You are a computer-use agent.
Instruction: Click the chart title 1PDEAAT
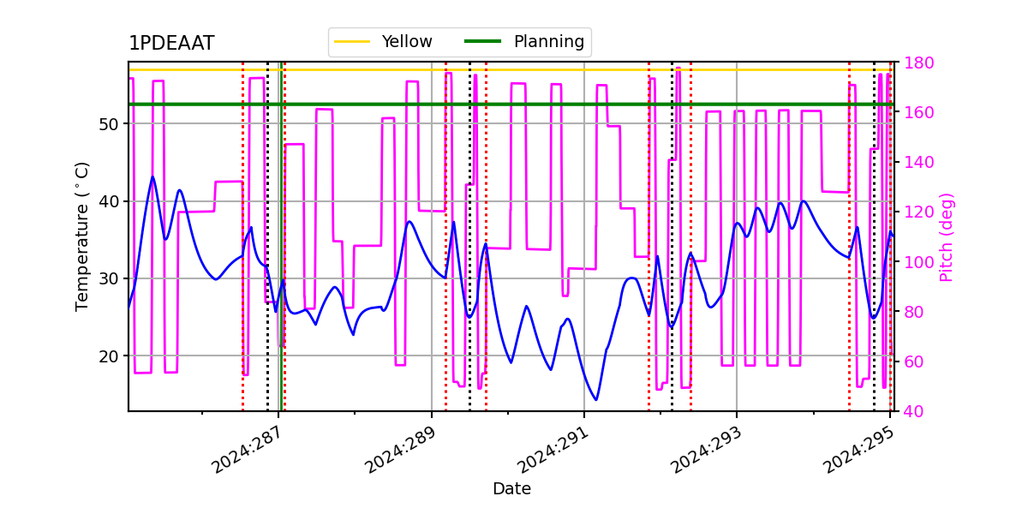point(171,44)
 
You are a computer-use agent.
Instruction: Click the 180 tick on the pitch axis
point(915,63)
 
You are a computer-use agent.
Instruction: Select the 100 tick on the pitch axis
point(915,262)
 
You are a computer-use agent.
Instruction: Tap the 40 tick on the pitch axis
point(911,411)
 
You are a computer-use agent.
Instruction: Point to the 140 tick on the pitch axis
point(915,163)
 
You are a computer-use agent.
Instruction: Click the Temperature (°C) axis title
point(82,236)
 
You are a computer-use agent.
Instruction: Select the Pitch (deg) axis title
point(947,236)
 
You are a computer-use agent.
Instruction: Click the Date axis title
point(511,489)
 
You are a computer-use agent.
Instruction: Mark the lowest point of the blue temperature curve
point(596,400)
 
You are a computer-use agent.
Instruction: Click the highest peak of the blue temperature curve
point(153,176)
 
